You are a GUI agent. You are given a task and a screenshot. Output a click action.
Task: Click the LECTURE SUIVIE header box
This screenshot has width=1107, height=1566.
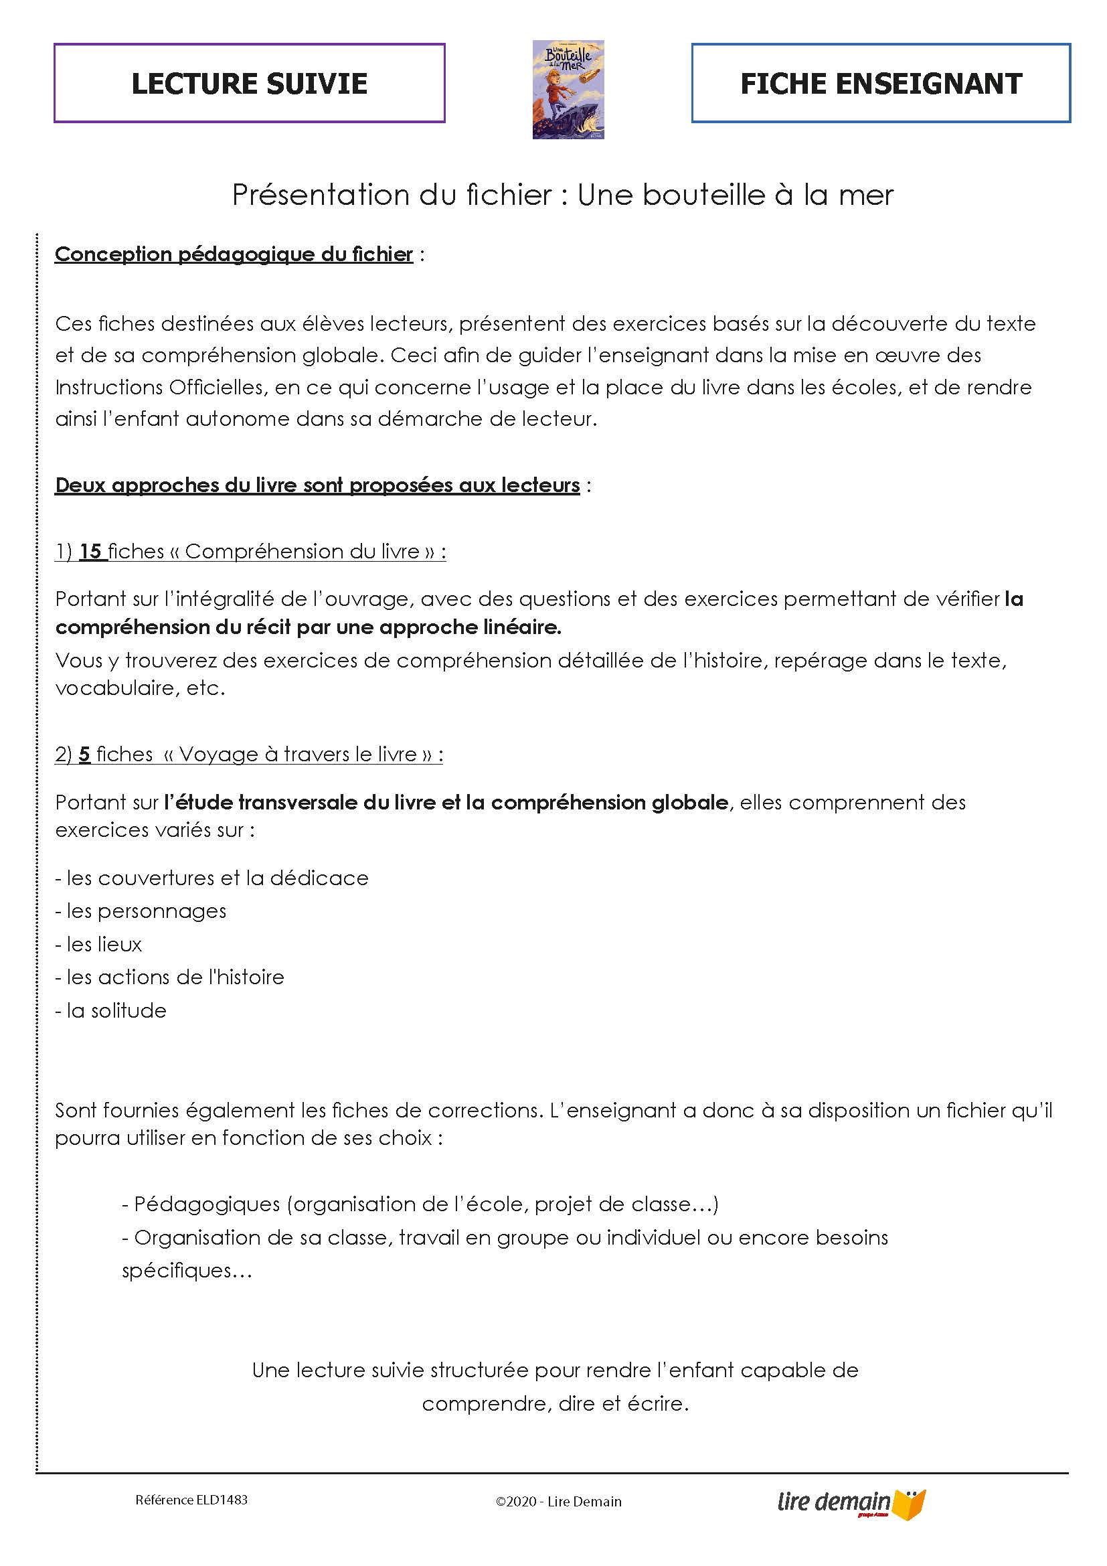click(249, 83)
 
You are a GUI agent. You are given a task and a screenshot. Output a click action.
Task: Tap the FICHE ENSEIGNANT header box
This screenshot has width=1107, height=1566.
click(880, 83)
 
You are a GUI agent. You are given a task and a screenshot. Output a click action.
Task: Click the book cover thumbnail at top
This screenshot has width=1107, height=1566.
click(568, 89)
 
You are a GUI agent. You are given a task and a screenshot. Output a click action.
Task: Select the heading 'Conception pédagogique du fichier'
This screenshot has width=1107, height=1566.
click(234, 254)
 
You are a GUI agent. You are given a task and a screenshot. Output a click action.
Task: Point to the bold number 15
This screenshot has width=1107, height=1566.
click(90, 551)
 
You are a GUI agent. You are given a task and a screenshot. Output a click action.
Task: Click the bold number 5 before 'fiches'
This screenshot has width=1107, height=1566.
click(84, 755)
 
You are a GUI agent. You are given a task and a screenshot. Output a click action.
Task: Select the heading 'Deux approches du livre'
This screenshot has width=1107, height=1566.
click(317, 485)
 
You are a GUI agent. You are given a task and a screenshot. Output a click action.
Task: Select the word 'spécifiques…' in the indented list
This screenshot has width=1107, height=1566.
click(187, 1271)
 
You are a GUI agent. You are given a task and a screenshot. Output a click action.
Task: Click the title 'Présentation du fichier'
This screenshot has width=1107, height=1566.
click(392, 195)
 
